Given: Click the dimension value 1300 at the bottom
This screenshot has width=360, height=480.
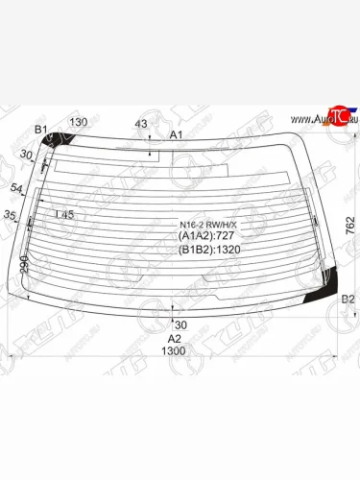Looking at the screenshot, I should coord(174,350).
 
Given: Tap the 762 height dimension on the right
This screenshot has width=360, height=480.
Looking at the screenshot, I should coord(350,227).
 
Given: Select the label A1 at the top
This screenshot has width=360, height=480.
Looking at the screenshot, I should coord(177,135).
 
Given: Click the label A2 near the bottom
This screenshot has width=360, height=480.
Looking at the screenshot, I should coord(174,338).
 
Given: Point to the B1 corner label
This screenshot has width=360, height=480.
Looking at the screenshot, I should coord(41,130).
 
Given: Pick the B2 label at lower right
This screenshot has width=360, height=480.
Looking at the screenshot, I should coord(348,300).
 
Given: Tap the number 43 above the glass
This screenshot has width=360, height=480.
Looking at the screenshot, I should coord(141,123).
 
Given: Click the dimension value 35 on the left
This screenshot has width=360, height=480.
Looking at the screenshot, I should coord(10,215).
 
